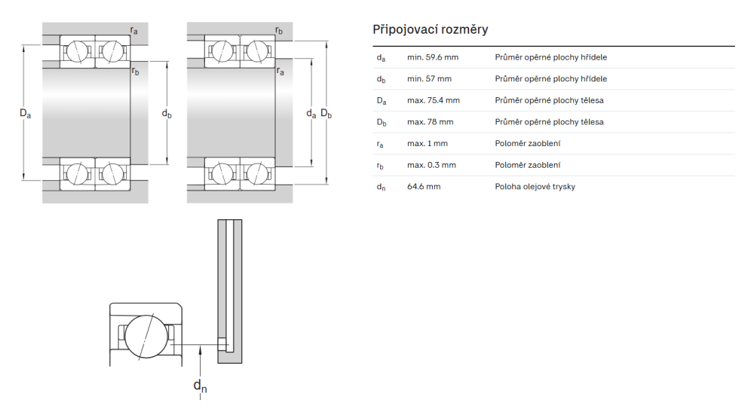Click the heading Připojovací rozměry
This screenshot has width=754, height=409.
(430, 29)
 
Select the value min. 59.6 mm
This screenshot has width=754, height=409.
(433, 57)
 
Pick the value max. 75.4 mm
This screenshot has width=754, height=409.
(433, 100)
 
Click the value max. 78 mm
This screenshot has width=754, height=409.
(430, 122)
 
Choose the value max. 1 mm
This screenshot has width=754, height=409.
(427, 143)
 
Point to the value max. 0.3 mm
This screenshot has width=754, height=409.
(431, 165)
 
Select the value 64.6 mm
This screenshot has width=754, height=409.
(424, 187)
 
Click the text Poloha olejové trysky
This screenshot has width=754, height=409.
(535, 187)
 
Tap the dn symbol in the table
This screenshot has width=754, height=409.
(381, 187)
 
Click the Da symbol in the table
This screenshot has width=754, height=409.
(381, 100)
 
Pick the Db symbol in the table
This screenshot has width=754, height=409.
(381, 122)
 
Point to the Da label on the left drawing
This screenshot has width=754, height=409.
(26, 114)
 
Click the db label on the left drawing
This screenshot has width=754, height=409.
(167, 114)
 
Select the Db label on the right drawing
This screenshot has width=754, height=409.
(326, 114)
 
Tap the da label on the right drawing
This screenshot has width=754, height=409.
(311, 114)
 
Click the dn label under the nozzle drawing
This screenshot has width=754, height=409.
(200, 386)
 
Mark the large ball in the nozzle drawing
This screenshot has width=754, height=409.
(146, 336)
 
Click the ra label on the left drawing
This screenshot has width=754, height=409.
(133, 30)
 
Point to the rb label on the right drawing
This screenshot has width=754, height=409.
(279, 31)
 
